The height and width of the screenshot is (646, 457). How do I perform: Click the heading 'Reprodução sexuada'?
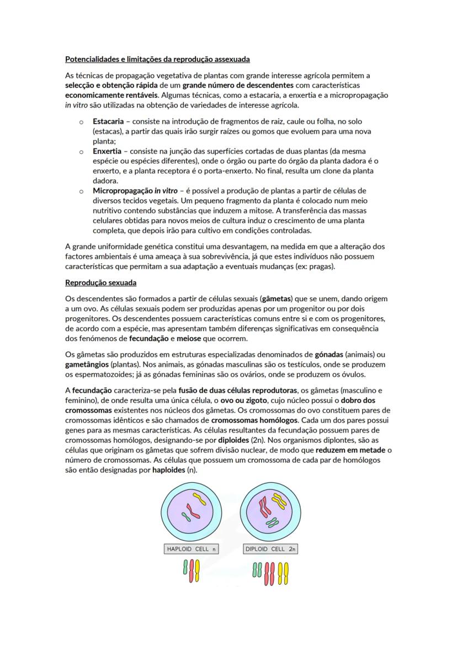[100, 283]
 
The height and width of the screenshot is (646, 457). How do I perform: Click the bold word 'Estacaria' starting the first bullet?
[108, 121]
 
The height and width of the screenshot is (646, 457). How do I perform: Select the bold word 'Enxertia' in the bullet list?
[107, 151]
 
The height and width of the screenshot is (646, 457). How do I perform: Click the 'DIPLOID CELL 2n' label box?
[270, 549]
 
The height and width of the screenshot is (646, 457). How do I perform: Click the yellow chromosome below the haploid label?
[197, 570]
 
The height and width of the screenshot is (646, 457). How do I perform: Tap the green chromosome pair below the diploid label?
[257, 570]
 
